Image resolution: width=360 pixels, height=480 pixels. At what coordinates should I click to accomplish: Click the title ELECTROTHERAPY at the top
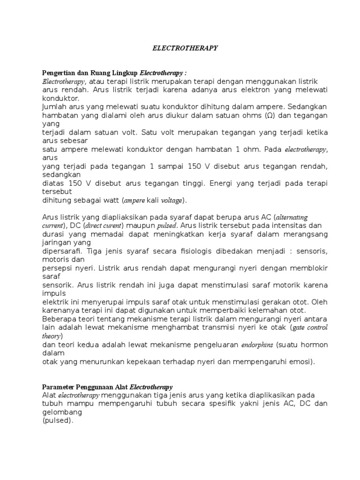click(186, 48)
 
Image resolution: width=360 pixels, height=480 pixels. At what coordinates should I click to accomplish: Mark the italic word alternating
click(292, 217)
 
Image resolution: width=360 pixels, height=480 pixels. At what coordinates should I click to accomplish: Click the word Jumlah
click(54, 107)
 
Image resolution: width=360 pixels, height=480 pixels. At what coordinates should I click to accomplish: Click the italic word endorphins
click(256, 345)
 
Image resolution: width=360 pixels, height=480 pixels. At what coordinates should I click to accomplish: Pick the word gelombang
click(62, 412)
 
